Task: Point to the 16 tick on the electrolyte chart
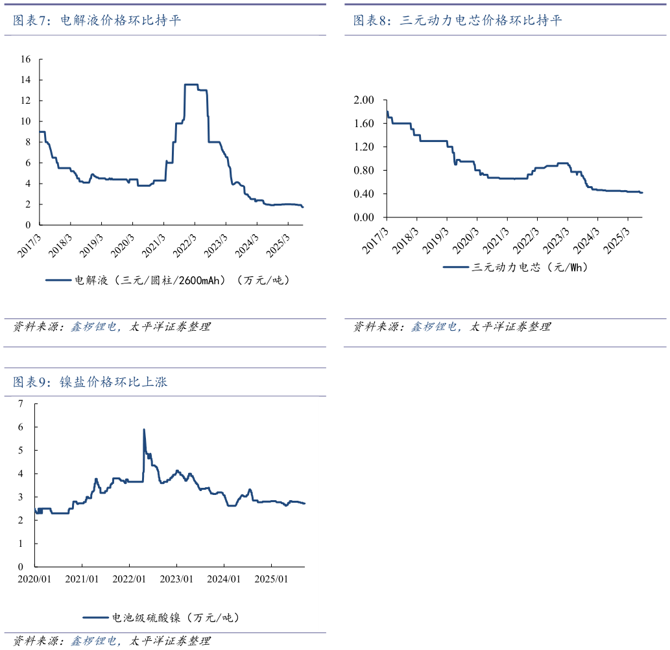pyautogui.click(x=26, y=59)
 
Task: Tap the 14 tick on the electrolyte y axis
pyautogui.click(x=26, y=80)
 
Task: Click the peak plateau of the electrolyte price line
pyautogui.click(x=191, y=84)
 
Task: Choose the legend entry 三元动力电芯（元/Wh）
pyautogui.click(x=516, y=267)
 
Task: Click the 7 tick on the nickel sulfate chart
pyautogui.click(x=21, y=403)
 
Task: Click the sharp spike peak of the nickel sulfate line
pyautogui.click(x=143, y=429)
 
